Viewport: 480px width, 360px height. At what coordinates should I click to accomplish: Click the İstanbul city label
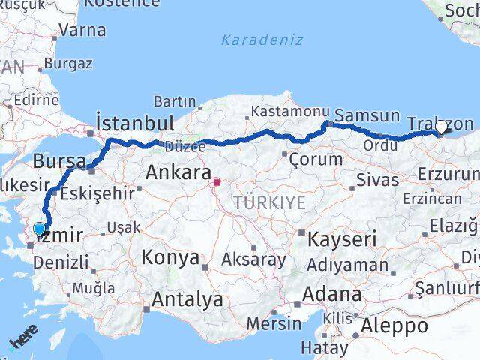[x=136, y=122]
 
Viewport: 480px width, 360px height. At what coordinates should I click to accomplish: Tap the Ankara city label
[x=178, y=172]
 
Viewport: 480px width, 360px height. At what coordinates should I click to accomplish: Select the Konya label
[x=170, y=259]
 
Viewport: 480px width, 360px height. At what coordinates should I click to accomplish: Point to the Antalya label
[x=187, y=300]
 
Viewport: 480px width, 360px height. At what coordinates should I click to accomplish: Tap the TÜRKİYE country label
[x=269, y=202]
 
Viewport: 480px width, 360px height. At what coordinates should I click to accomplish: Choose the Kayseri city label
[x=343, y=239]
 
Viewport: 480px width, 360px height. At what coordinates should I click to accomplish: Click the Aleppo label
[x=394, y=326]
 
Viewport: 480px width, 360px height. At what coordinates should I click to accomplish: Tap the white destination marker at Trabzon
[x=442, y=127]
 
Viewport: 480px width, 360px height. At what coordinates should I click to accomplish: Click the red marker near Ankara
[x=217, y=181]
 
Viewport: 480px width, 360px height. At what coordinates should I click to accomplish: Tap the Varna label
[x=82, y=31]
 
